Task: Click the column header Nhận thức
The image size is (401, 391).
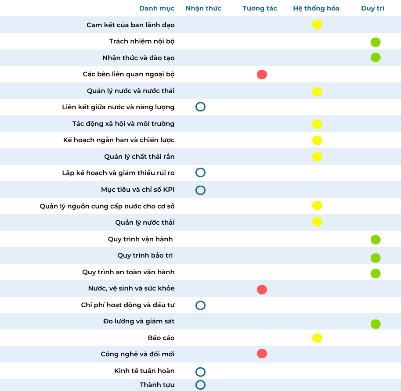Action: [x=203, y=8]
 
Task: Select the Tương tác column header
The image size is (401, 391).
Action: [x=260, y=8]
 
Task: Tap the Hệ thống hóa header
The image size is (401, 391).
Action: [x=316, y=8]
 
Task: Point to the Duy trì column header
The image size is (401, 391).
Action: [x=372, y=8]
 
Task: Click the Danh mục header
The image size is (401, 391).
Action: [x=157, y=8]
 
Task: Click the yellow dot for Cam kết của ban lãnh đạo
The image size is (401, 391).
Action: [x=317, y=25]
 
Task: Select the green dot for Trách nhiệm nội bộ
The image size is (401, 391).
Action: [x=375, y=42]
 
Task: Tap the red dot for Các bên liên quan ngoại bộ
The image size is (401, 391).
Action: [x=262, y=75]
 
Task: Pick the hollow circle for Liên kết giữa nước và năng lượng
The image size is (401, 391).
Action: [x=200, y=107]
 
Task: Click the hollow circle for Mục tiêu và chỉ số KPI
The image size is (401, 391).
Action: [x=200, y=190]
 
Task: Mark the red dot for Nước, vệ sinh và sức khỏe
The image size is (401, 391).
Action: [x=262, y=290]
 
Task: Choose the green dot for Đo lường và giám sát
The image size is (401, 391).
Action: [x=375, y=324]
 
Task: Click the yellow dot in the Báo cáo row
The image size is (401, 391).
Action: [x=317, y=338]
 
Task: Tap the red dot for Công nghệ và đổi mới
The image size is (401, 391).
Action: [x=262, y=354]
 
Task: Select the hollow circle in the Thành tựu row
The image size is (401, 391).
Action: [x=200, y=385]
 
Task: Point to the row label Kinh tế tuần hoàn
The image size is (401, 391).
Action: [x=144, y=371]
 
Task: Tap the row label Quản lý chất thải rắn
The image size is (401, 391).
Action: [x=139, y=157]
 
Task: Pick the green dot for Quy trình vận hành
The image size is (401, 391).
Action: [x=375, y=240]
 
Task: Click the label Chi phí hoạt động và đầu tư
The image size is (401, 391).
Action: [x=128, y=305]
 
